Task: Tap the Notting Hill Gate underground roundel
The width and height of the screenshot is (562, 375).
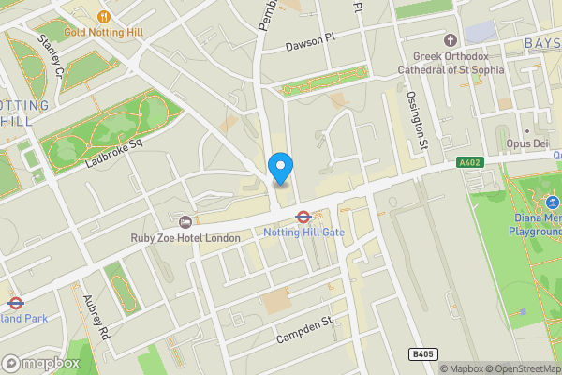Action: coord(303,217)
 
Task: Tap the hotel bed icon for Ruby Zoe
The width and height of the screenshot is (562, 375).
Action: coord(185,222)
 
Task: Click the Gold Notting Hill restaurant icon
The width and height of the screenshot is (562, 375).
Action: coord(103,16)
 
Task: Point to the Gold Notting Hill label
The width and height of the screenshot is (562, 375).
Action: coord(104,33)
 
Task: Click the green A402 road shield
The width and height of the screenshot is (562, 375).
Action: coord(470,162)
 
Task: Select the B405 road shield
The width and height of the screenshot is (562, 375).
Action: coord(423,354)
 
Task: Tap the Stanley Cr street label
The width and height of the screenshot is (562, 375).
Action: coord(50,56)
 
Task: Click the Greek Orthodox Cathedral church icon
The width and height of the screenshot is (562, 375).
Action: coord(450,40)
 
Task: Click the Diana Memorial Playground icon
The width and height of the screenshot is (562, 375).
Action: coord(553,202)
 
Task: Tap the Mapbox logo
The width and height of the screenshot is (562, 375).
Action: coord(41,363)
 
